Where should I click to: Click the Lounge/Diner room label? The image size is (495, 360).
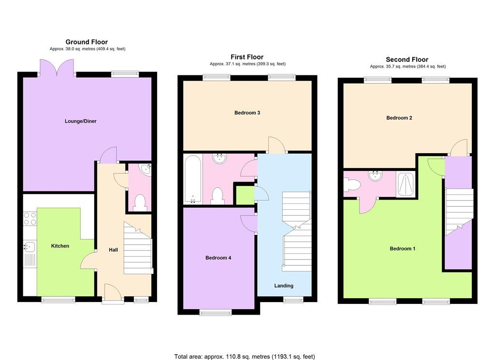pos(81,121)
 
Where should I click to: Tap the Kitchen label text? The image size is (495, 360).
pos(60,246)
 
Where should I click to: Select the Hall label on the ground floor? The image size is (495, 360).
pos(113,250)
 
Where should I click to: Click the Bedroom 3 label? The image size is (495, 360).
pos(247,113)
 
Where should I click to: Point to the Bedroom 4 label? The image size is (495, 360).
pos(218,258)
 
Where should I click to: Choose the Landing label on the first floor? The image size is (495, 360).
pos(283,286)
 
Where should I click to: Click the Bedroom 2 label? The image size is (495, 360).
pos(399,118)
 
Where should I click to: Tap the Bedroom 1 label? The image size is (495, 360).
pos(402,249)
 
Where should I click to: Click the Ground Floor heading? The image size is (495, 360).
pos(87,42)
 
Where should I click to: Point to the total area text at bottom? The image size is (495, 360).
pos(245,357)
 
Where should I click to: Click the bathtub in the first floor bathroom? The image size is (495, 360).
pos(192,179)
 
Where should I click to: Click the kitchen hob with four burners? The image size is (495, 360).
pos(30,219)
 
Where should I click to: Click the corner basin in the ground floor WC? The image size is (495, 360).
pos(146,170)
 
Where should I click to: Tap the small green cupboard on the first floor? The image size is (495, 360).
pos(245,196)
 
